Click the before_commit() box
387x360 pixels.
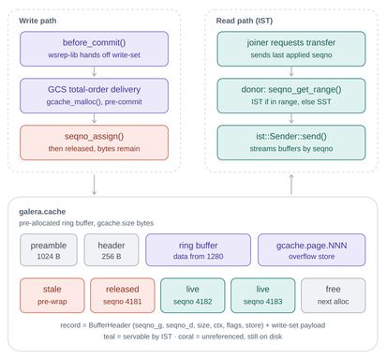[94, 49]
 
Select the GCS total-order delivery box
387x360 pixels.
[94, 96]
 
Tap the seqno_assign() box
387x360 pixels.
[94, 142]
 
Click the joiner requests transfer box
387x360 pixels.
[291, 49]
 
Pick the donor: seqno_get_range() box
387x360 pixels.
[291, 96]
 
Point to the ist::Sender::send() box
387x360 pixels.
[291, 142]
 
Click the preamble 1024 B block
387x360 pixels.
[49, 250]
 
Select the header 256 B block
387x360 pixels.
[112, 250]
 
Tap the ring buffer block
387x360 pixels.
[198, 250]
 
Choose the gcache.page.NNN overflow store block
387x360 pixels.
[311, 250]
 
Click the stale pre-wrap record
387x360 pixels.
[52, 295]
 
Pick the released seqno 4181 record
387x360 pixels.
[123, 295]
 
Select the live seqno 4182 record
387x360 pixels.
[193, 295]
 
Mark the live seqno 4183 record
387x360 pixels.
[263, 295]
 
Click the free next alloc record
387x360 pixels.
[334, 295]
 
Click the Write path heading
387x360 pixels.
[37, 21]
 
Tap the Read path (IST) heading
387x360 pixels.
[245, 21]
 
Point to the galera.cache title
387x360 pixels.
[42, 212]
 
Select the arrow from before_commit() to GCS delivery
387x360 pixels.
[94, 71]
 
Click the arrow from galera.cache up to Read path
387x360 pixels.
[291, 185]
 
